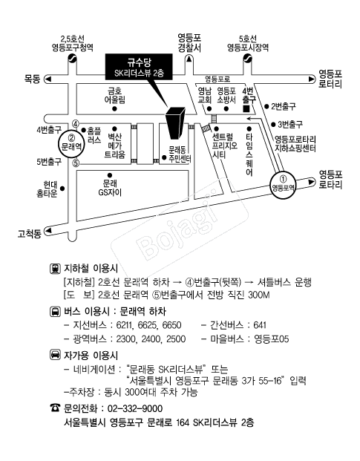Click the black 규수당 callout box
pyautogui.click(x=139, y=67)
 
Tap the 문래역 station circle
pyautogui.click(x=72, y=143)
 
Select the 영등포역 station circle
pyautogui.click(x=283, y=185)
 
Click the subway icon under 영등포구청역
pyautogui.click(x=72, y=58)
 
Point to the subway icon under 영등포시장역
pyautogui.click(x=248, y=58)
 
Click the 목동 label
pyautogui.click(x=33, y=79)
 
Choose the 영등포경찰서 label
pyautogui.click(x=189, y=43)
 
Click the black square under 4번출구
pyautogui.click(x=246, y=108)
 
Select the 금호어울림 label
pyautogui.click(x=114, y=95)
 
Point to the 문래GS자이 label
pyautogui.click(x=110, y=188)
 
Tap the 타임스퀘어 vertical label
pyautogui.click(x=249, y=154)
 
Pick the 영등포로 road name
pyautogui.click(x=217, y=79)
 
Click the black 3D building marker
pyautogui.click(x=176, y=123)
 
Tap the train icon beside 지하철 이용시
pyautogui.click(x=55, y=269)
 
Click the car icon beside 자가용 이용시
pyautogui.click(x=55, y=355)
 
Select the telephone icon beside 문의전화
pyautogui.click(x=55, y=408)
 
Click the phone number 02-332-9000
pyautogui.click(x=135, y=409)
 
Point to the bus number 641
pyautogui.click(x=260, y=325)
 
